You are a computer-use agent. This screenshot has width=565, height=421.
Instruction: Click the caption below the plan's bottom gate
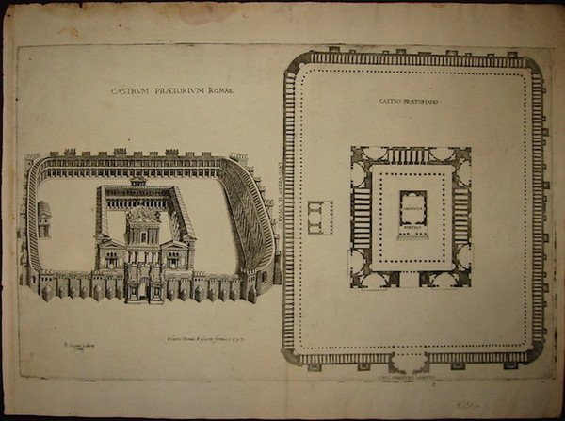pyautogui.click(x=411, y=375)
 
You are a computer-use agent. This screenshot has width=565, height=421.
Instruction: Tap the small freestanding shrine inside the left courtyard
pyautogui.click(x=45, y=219)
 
